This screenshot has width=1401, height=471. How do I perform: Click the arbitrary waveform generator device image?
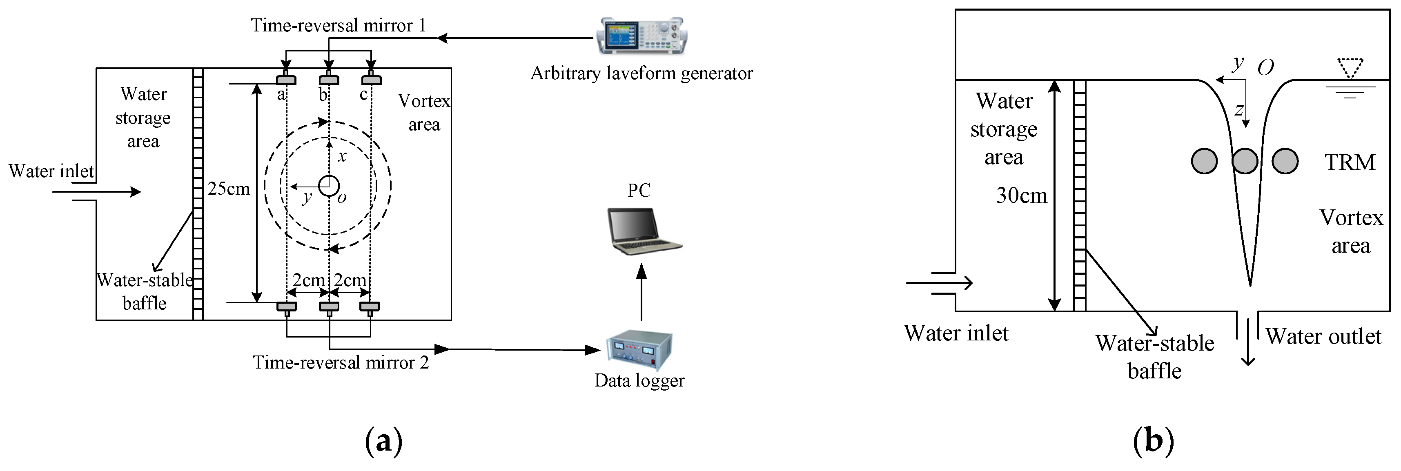(641, 36)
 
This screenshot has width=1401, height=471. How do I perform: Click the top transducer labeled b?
(328, 79)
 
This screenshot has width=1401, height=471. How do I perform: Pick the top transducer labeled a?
(286, 79)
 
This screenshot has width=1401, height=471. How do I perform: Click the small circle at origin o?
(328, 185)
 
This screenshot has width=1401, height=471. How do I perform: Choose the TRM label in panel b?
(1349, 162)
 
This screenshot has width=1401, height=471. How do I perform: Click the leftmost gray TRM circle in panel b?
(1204, 162)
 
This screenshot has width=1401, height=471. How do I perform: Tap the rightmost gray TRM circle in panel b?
(1285, 162)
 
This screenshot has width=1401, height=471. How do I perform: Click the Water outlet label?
(1323, 337)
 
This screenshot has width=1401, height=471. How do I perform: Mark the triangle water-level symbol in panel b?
(1350, 68)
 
